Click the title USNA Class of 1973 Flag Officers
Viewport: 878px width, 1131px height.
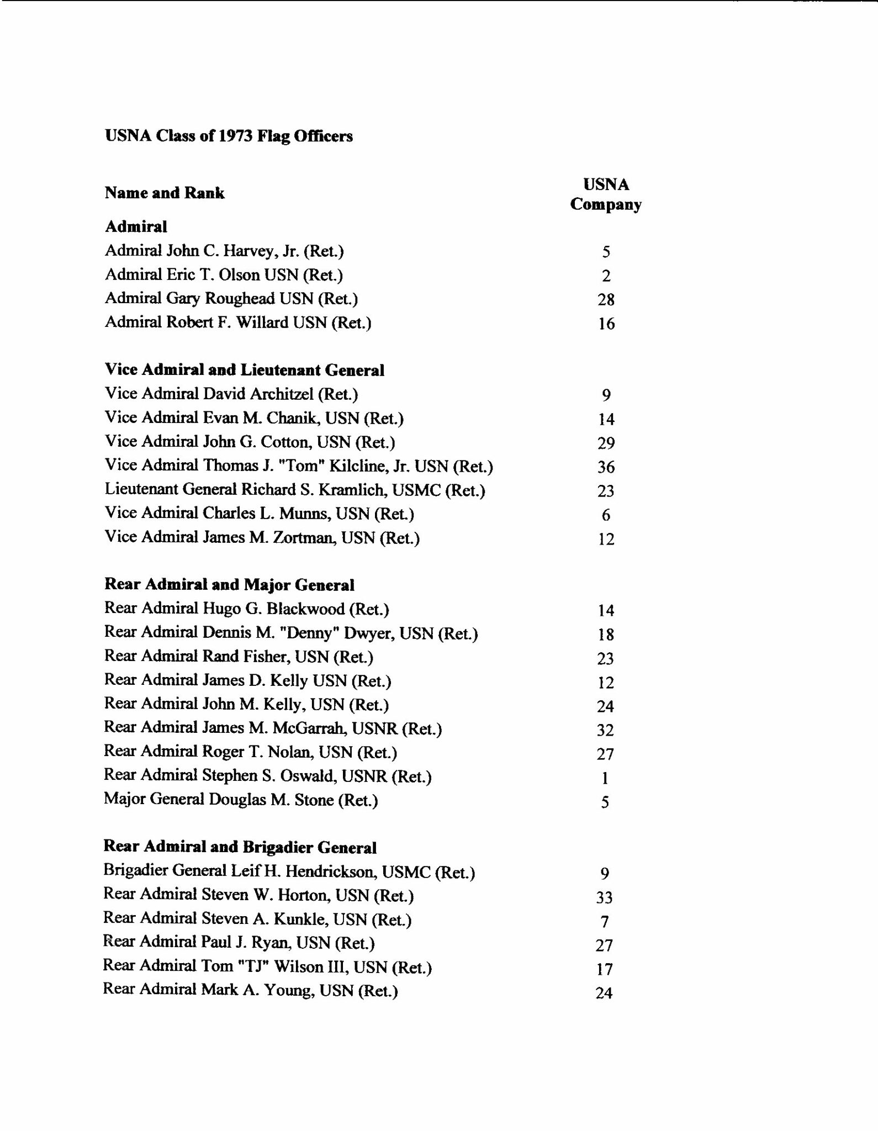click(229, 136)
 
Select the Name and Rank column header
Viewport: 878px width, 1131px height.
click(165, 193)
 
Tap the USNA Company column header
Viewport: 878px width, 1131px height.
click(606, 194)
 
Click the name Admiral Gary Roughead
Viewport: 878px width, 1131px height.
click(231, 299)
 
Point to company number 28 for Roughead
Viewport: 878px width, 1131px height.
click(606, 300)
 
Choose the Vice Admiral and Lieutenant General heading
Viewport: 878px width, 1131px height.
click(244, 370)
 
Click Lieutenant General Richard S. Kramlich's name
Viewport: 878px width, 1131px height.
click(295, 490)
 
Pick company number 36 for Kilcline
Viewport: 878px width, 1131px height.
click(606, 467)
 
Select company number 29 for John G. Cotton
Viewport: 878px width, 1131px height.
click(606, 443)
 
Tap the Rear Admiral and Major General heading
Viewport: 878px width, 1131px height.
click(229, 584)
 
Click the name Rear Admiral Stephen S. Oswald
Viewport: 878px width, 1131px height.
click(268, 776)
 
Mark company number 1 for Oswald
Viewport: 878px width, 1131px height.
click(605, 778)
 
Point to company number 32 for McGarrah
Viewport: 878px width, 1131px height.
click(605, 730)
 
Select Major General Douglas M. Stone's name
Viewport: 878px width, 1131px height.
click(241, 800)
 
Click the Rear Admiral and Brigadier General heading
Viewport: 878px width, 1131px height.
click(240, 847)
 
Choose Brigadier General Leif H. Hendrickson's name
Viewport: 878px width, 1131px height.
click(289, 871)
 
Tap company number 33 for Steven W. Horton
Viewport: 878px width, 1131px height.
click(604, 897)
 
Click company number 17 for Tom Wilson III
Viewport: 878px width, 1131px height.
click(604, 969)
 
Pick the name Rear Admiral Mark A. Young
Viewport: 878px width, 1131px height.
click(250, 990)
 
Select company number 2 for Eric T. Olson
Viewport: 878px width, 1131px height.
click(606, 276)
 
